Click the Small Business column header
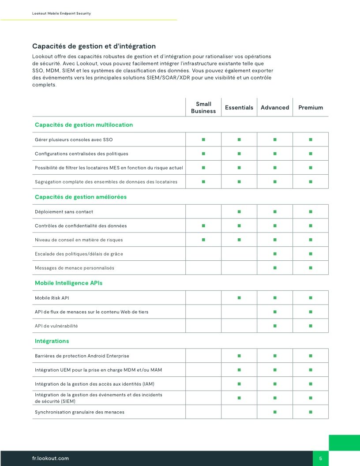point(203,108)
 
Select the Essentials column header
point(239,108)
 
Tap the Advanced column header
point(275,108)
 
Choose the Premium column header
point(311,108)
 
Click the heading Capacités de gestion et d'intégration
point(94,46)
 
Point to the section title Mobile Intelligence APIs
point(68,283)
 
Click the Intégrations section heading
point(52,341)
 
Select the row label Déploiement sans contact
point(64,212)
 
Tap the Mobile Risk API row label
point(52,298)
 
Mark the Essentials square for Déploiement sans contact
point(239,212)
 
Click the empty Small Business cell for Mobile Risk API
point(203,298)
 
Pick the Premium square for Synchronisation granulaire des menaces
point(311,412)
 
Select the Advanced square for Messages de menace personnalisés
point(275,268)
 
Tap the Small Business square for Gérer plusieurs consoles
point(203,139)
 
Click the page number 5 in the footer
point(321,458)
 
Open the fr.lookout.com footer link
point(51,458)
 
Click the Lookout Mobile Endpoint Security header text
point(62,14)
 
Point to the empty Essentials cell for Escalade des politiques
point(239,254)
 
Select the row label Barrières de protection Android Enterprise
point(82,356)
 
